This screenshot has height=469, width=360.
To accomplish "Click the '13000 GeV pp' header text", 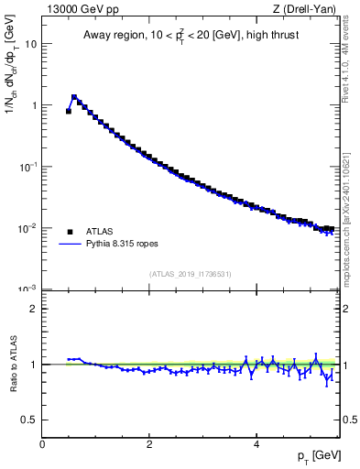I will (80, 10).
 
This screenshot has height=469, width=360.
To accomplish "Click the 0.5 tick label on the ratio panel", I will (30, 420).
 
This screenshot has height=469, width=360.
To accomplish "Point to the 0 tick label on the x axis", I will (42, 443).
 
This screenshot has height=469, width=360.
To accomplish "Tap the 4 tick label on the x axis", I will (256, 443).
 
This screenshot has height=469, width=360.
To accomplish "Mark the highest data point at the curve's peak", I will (74, 96).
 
